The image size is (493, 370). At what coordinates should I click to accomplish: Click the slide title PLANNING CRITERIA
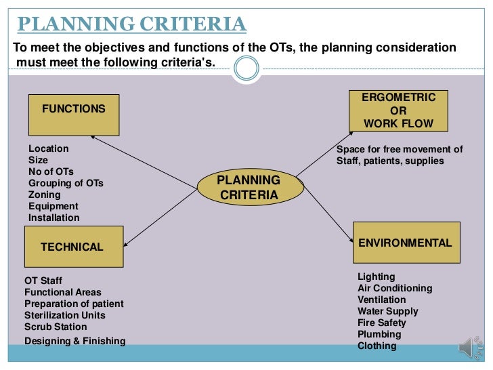[x=131, y=24]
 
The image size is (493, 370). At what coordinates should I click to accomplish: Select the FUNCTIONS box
[x=74, y=115]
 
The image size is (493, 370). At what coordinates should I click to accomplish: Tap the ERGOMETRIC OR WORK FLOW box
[x=398, y=110]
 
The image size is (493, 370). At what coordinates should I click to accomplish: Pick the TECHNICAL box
[x=74, y=247]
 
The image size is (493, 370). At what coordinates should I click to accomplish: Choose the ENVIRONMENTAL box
[x=406, y=243]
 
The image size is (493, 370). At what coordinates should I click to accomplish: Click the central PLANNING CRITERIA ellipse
[x=249, y=188]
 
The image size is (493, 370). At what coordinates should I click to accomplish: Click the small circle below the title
[x=246, y=68]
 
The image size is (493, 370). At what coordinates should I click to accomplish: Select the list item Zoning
[x=45, y=194]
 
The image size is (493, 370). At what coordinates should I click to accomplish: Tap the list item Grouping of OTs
[x=66, y=183]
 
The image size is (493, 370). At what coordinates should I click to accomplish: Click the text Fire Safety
[x=382, y=323]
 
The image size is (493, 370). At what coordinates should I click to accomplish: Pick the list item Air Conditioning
[x=395, y=288]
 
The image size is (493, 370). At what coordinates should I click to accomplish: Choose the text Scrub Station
[x=56, y=327]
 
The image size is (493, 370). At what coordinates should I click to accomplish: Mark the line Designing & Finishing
[x=74, y=341]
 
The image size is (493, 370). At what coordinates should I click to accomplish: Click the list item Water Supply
[x=388, y=311]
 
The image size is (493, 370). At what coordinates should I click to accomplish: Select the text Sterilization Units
[x=65, y=315]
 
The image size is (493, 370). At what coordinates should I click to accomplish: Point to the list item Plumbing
[x=379, y=334]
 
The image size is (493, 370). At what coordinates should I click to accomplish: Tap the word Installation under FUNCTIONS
[x=53, y=218]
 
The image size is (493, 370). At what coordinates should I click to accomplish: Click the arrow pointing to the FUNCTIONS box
[x=142, y=160]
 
